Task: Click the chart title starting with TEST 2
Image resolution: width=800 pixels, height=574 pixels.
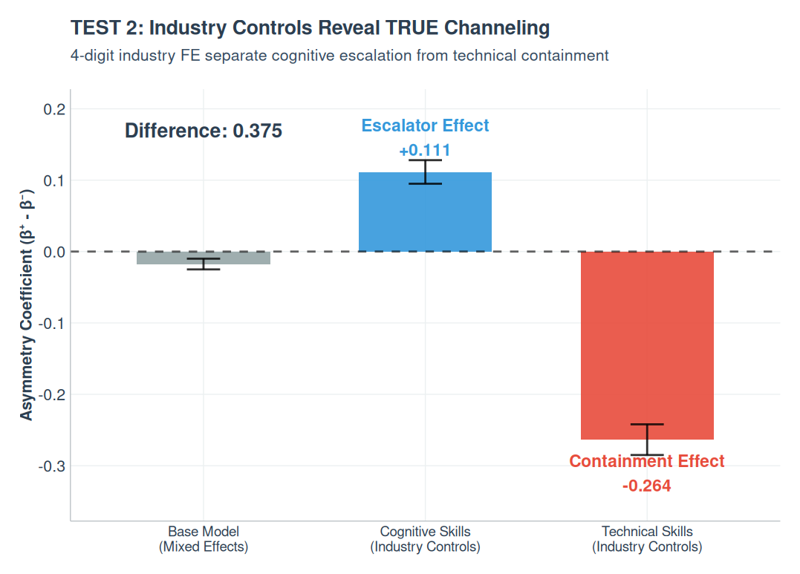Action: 310,28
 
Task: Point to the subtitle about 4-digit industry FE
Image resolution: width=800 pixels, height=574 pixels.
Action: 339,55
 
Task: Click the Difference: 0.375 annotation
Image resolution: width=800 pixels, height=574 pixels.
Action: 203,131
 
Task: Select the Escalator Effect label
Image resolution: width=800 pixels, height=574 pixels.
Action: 425,126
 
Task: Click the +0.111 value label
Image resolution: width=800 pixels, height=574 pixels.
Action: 425,151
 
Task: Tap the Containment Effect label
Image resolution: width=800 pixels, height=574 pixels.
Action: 647,461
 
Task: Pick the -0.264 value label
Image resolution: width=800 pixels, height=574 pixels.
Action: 647,486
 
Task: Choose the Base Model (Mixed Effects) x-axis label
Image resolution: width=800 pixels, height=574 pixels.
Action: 203,540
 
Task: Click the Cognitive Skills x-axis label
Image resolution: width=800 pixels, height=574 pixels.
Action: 425,540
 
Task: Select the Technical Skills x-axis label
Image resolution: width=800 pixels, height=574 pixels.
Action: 647,540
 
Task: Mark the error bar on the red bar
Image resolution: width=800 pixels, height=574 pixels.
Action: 647,439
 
